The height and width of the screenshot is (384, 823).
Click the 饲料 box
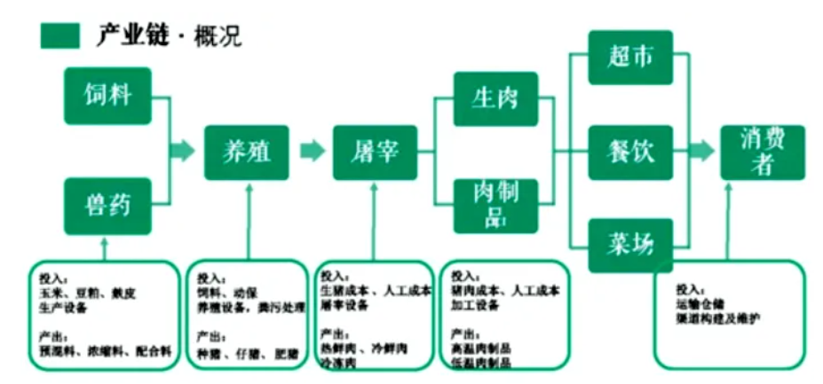[107, 96]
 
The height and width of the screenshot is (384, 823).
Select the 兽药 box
[107, 206]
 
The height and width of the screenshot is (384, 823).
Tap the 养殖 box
[248, 152]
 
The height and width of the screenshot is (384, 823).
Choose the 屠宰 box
[375, 152]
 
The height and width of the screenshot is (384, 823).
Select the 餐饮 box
[630, 152]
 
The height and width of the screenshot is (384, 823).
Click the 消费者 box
[762, 152]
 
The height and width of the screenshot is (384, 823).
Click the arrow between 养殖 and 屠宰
[312, 152]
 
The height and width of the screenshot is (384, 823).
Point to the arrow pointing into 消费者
[701, 152]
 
